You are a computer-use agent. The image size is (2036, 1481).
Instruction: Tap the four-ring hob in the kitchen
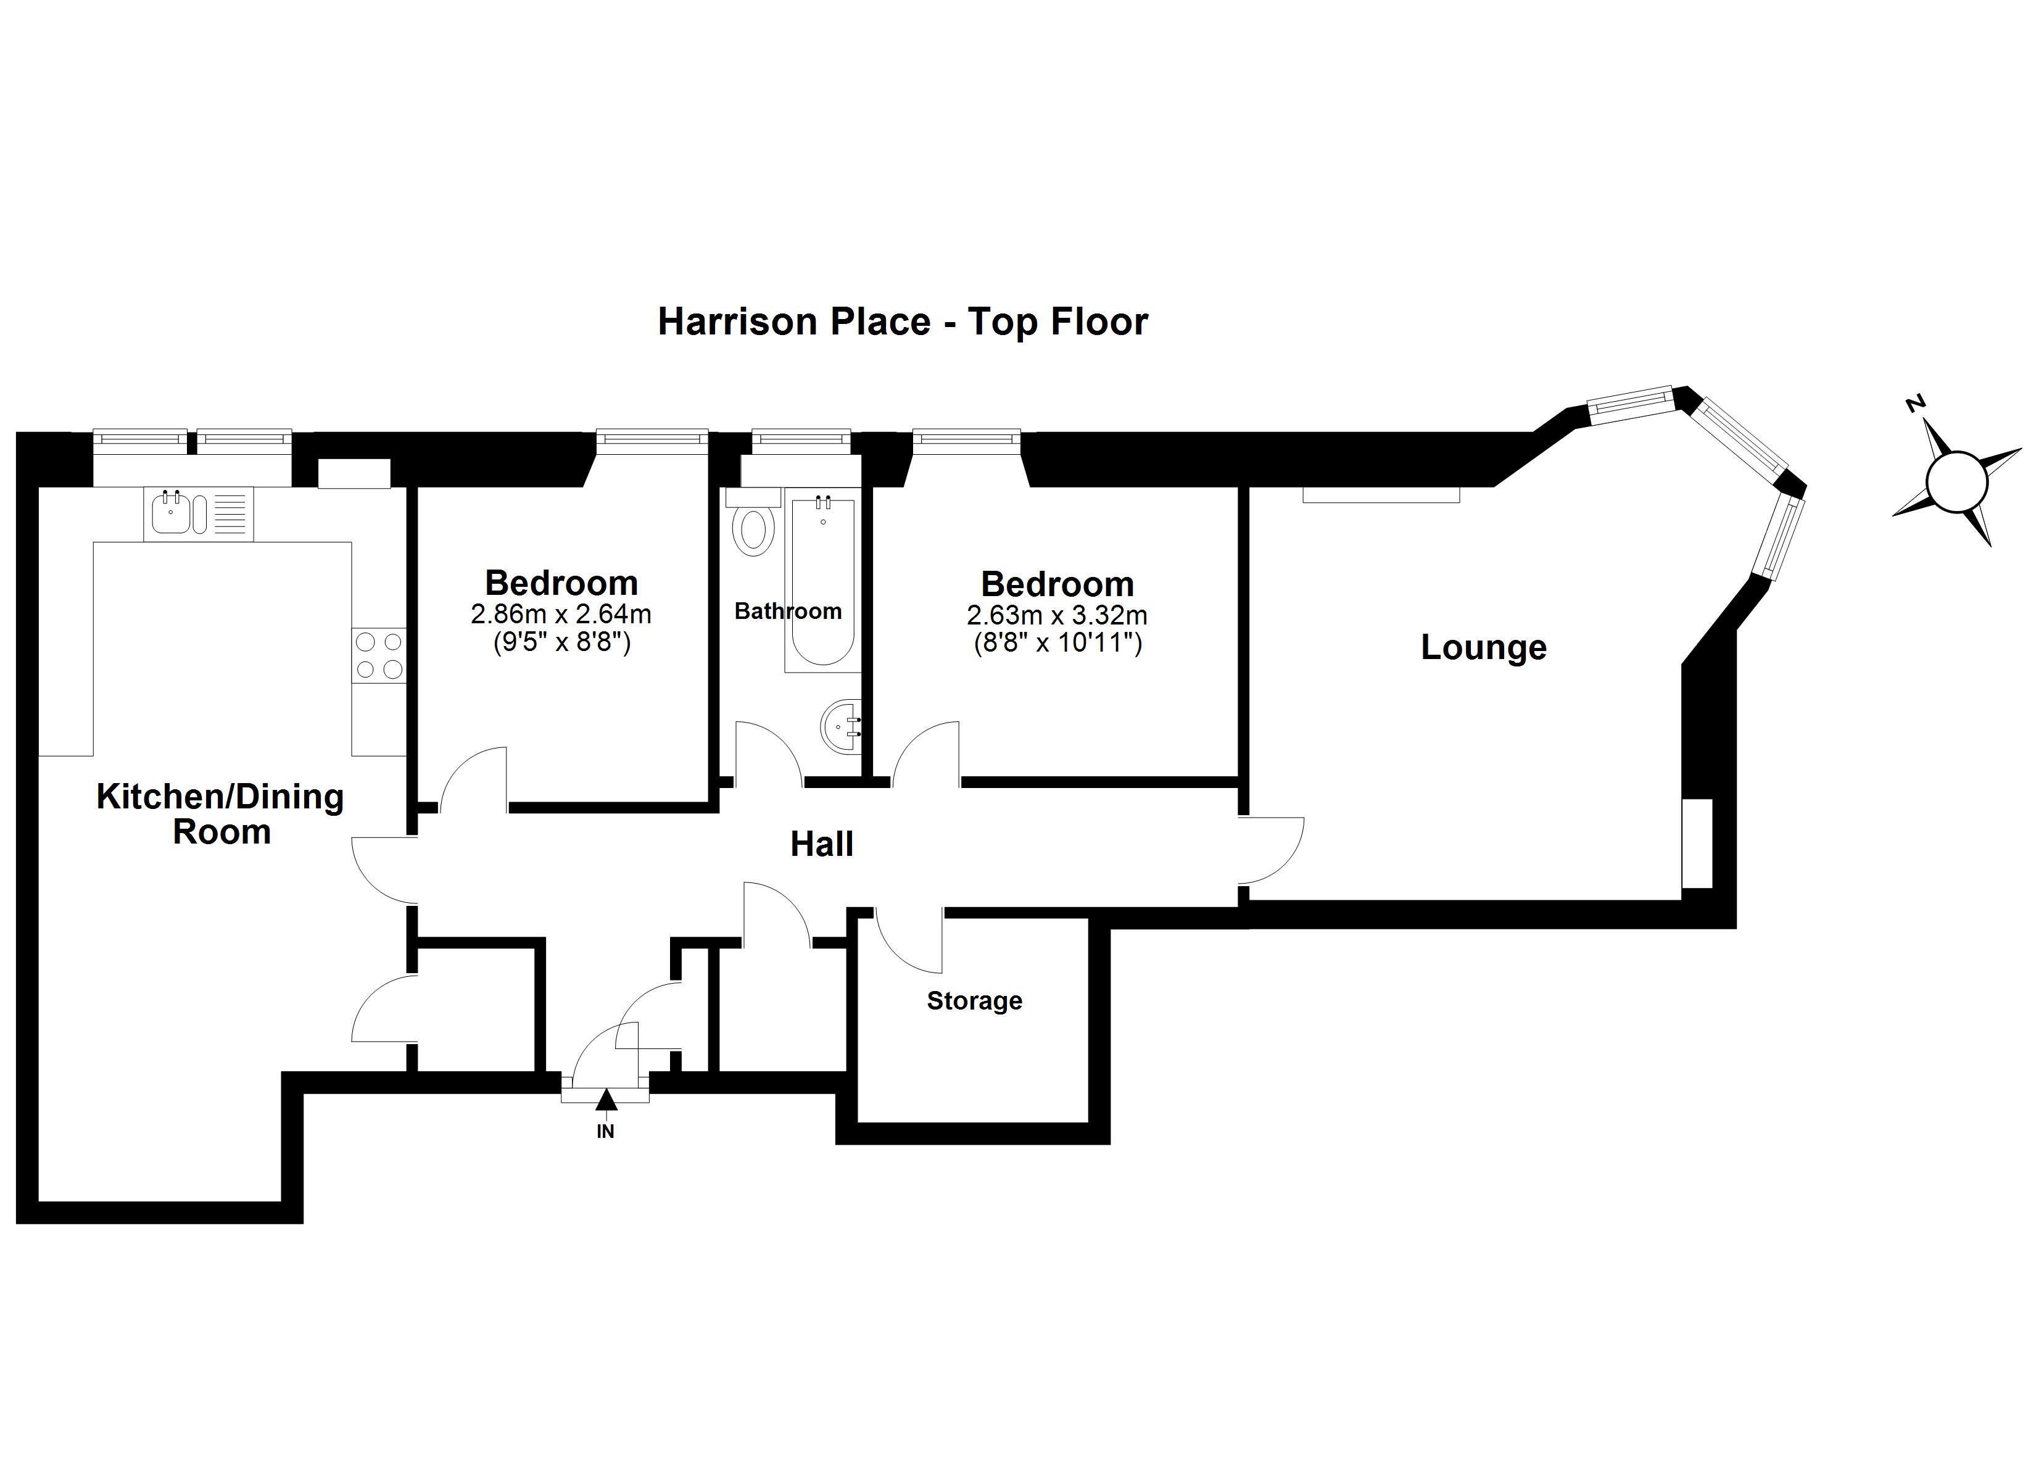(x=379, y=655)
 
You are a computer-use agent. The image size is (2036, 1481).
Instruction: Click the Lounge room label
(x=1483, y=647)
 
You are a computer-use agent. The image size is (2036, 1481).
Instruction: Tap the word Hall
(x=821, y=844)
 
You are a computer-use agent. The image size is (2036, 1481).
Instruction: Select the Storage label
(x=974, y=1000)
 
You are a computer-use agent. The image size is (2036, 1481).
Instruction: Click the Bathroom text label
(x=787, y=612)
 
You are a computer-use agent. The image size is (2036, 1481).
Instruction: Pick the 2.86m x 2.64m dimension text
(x=561, y=615)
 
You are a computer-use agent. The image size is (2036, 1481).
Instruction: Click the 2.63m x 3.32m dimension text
(x=1057, y=616)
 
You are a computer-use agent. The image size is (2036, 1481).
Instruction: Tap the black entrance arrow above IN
(x=606, y=1098)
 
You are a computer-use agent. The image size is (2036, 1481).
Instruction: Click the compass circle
(x=1956, y=483)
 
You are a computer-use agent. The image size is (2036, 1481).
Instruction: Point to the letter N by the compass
(x=1915, y=404)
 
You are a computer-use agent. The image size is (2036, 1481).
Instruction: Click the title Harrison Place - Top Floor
(x=902, y=322)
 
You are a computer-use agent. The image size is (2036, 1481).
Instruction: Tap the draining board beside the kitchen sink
(x=230, y=514)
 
